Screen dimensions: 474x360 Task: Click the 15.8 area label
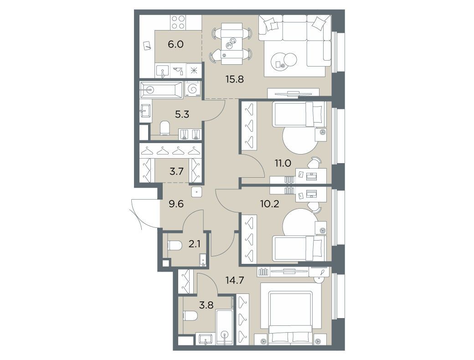point(234,79)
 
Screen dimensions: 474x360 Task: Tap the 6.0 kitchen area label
point(175,45)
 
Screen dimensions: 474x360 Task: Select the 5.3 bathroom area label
point(182,114)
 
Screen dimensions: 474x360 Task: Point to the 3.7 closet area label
point(176,171)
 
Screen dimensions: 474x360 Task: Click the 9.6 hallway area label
point(176,204)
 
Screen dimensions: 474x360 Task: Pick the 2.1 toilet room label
point(194,244)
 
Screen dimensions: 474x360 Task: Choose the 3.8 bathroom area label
point(206,305)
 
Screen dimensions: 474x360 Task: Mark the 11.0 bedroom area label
point(283,163)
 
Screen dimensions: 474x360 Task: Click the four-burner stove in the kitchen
point(178,23)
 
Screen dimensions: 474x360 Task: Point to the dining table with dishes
point(232,44)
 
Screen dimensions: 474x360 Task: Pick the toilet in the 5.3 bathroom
point(165,128)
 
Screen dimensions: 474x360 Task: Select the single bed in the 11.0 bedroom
point(299,114)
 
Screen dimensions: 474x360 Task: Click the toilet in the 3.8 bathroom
point(191,316)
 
